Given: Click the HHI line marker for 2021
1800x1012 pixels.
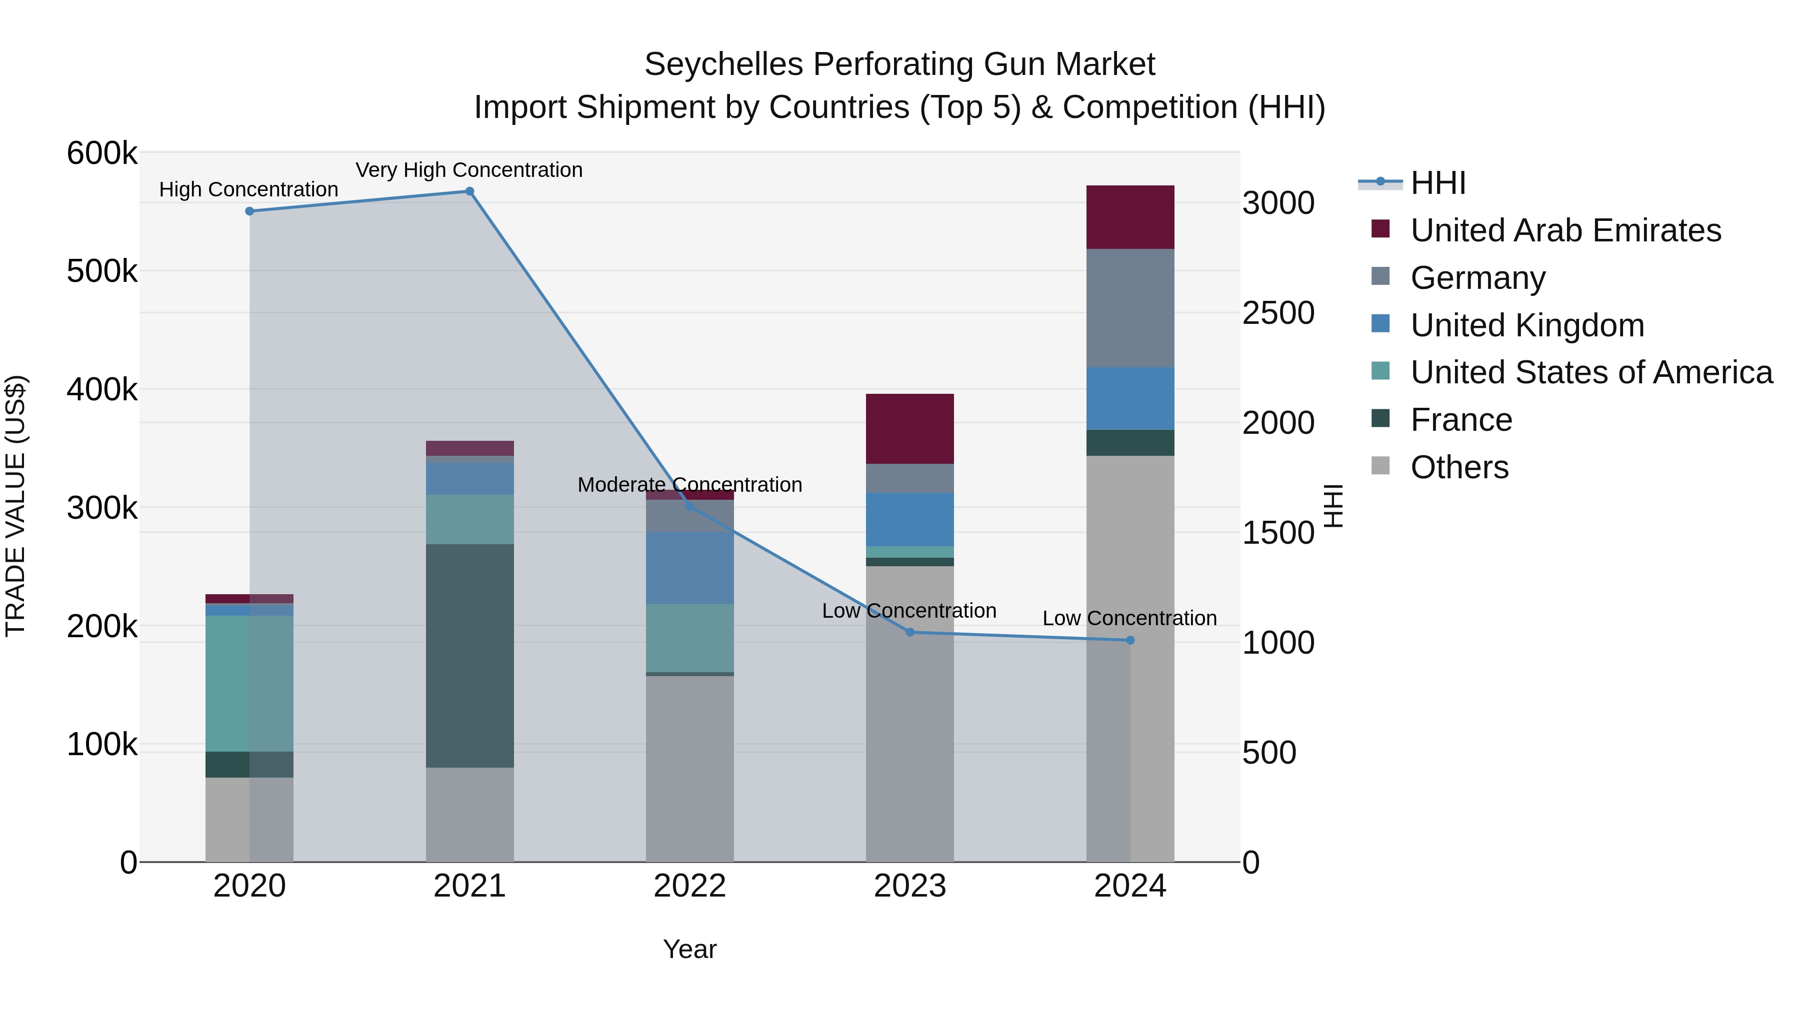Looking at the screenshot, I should pos(469,191).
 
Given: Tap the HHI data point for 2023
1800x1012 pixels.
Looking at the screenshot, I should pos(910,632).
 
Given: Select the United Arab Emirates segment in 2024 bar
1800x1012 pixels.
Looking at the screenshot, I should pos(1130,217).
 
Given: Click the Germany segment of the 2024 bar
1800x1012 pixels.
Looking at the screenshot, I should pos(1130,308).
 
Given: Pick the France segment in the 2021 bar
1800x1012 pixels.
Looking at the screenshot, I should pos(469,655).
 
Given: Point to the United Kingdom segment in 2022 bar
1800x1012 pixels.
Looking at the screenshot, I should pos(689,568).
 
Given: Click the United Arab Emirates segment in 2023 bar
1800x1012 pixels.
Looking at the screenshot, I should pos(910,429).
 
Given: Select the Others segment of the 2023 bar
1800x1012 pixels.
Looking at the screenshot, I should pos(910,712).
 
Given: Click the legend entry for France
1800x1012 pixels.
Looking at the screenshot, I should pos(1460,420).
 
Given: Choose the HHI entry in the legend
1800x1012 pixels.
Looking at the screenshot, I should pos(1437,183).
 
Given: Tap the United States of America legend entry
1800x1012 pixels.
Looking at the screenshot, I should pos(1591,372).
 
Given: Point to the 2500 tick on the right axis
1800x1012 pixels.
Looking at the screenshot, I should pos(1278,313).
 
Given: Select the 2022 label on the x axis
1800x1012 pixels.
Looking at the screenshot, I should pos(689,886).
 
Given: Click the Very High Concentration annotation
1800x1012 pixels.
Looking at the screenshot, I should pos(469,170).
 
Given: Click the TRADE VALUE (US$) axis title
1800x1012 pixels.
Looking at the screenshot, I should pos(15,506).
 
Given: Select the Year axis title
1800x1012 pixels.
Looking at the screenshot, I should pos(689,949).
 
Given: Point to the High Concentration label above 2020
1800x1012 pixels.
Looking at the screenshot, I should pos(249,189).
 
